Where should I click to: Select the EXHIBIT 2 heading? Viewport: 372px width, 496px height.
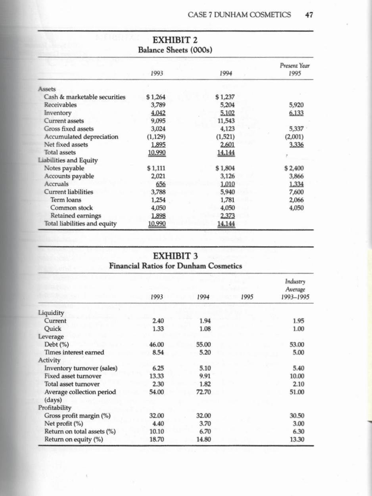tap(175, 40)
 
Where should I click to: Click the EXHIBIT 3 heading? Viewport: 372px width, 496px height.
tap(175, 256)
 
